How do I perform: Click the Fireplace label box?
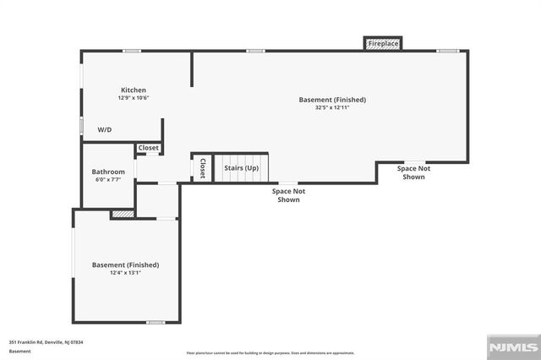(x=383, y=43)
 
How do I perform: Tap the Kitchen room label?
(x=134, y=90)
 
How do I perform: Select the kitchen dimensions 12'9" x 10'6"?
(x=134, y=98)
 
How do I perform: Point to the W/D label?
(x=105, y=130)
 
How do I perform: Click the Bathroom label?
(x=108, y=172)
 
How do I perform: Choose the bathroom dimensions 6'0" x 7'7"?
(x=108, y=179)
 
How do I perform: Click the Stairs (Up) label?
(x=241, y=167)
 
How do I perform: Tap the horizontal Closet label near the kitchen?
(x=149, y=148)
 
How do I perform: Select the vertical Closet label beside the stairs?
(x=202, y=168)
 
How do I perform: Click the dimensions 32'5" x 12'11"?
(x=332, y=108)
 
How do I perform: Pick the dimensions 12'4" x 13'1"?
(x=125, y=273)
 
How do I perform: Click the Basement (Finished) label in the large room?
(x=332, y=100)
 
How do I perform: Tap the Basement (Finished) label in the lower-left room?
(x=125, y=265)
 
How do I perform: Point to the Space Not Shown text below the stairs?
(x=288, y=195)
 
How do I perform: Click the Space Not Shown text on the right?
(x=413, y=172)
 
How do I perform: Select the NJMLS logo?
(x=512, y=346)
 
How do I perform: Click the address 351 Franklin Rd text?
(x=46, y=342)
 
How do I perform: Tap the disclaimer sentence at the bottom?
(x=270, y=352)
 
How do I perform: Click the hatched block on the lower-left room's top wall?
(x=123, y=215)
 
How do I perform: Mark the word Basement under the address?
(x=19, y=351)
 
